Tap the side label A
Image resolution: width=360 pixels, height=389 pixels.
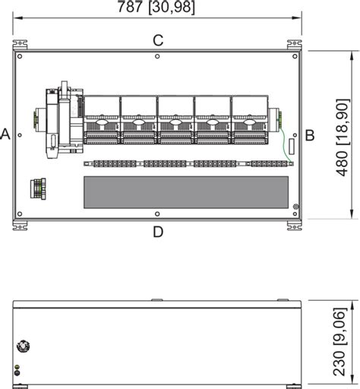(x=5, y=134)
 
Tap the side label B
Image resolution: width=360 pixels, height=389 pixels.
(x=310, y=135)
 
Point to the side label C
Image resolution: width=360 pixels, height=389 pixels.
(x=158, y=40)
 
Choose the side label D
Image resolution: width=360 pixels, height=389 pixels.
(x=158, y=231)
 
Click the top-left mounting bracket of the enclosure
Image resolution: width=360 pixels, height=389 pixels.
(x=17, y=43)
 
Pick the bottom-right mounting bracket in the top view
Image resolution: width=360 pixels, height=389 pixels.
(x=292, y=224)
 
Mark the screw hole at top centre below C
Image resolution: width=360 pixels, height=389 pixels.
(x=157, y=56)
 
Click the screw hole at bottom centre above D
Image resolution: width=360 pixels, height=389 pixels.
(x=157, y=213)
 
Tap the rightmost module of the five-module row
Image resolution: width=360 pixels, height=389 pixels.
(x=248, y=119)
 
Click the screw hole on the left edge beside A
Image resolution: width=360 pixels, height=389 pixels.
(x=19, y=135)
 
